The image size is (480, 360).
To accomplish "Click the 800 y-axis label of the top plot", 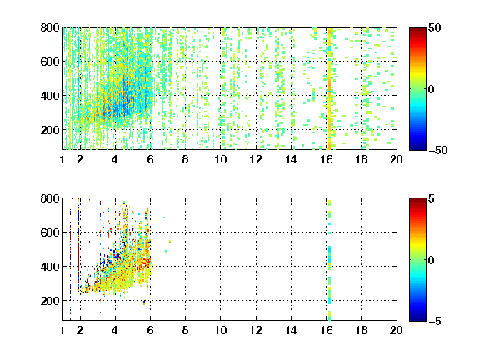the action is click(x=50, y=27).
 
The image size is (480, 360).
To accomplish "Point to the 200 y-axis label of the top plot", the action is click(x=50, y=130).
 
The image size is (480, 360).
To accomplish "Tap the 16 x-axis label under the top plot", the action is click(x=327, y=159).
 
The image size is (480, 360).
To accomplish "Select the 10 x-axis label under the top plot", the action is click(x=220, y=159).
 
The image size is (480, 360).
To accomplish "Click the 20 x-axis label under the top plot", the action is click(x=396, y=159).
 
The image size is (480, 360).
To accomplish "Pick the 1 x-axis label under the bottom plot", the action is click(x=62, y=330).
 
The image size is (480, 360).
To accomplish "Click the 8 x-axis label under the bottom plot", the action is click(x=185, y=330).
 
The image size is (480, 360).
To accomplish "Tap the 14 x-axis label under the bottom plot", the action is click(x=291, y=330).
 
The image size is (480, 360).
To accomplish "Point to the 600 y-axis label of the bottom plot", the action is click(x=50, y=232).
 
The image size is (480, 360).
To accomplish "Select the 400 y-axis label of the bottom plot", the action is click(x=50, y=267).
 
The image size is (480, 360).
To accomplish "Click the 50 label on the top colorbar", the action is click(x=434, y=27).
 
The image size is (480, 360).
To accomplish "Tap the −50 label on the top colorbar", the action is click(x=437, y=150).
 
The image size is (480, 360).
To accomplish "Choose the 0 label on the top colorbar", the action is click(x=431, y=89).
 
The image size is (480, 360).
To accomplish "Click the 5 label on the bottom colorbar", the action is click(x=431, y=198).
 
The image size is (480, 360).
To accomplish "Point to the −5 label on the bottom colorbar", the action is click(x=435, y=321).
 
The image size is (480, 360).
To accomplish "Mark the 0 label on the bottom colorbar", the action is click(x=431, y=260).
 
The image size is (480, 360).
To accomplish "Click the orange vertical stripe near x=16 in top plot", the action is click(x=329, y=88).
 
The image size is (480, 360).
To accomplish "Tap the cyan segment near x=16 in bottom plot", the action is click(x=330, y=255).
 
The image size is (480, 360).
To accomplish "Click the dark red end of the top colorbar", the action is click(x=417, y=31).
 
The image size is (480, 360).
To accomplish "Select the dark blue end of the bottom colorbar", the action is click(x=417, y=317).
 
